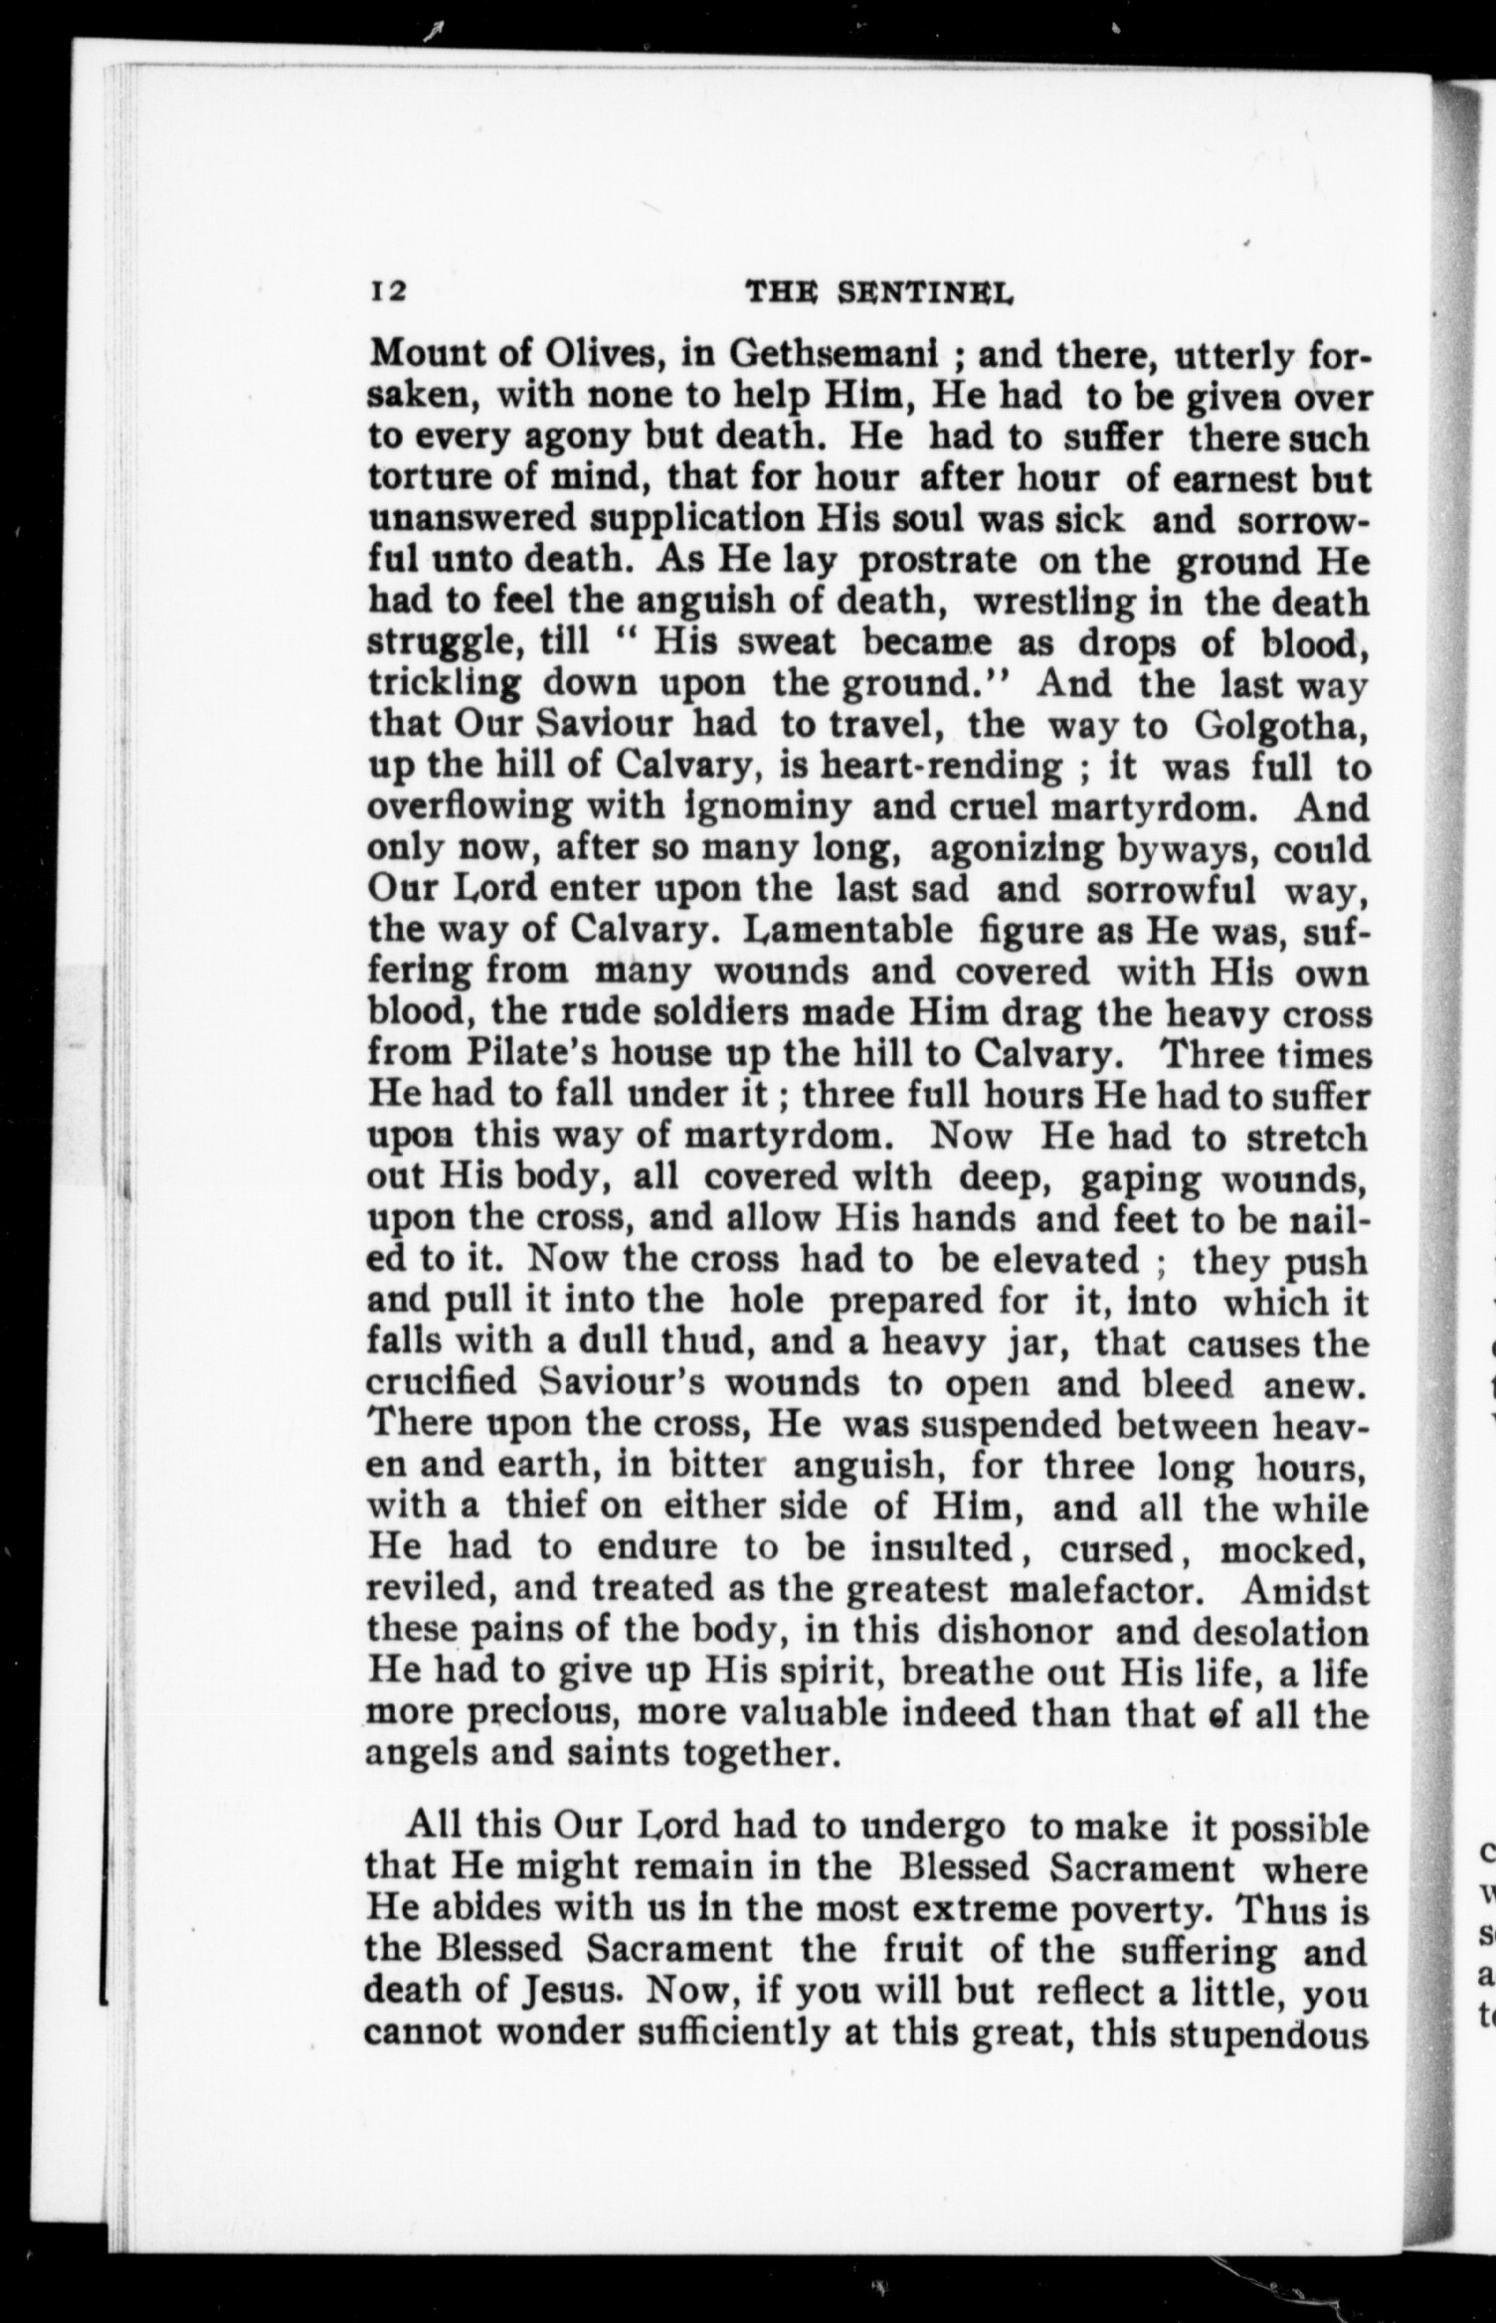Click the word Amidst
click(1305, 1589)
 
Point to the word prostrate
click(936, 560)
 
